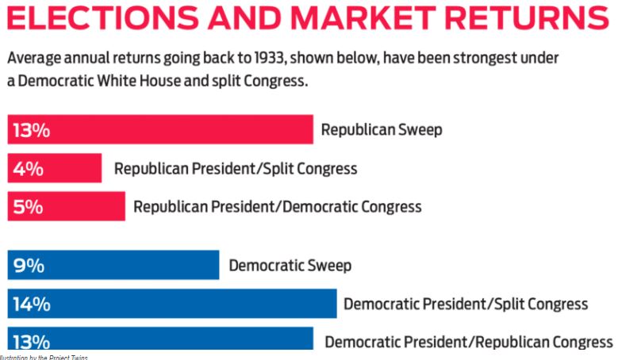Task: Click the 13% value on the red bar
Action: click(31, 130)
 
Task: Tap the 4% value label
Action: click(27, 169)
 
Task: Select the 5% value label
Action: click(27, 207)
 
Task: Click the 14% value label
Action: click(32, 304)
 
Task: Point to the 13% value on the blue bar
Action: click(32, 342)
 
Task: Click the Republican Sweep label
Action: click(381, 130)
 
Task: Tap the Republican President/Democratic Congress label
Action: click(277, 207)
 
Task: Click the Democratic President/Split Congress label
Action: click(466, 304)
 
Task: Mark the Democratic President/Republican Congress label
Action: click(469, 342)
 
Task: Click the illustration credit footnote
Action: click(44, 357)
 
